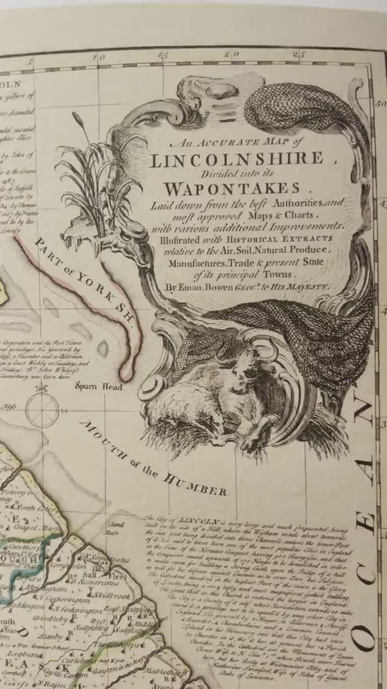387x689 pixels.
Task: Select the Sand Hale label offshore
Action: tap(116, 525)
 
